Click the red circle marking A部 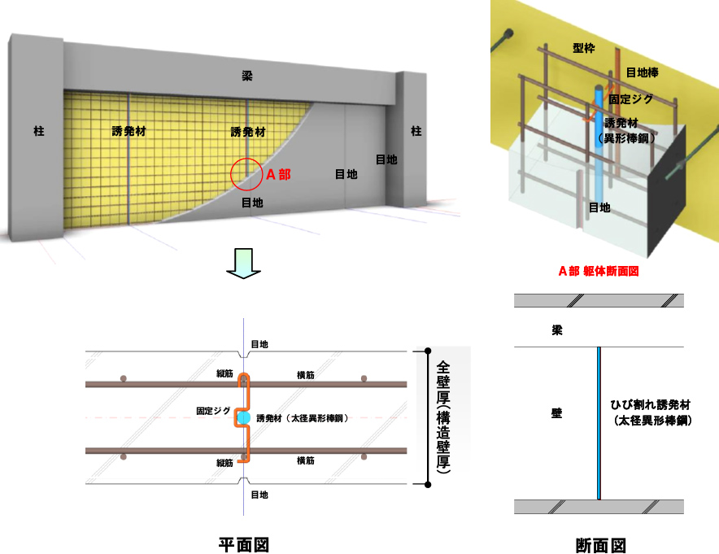(231, 174)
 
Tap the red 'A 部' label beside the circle (278, 175)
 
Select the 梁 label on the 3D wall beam (247, 76)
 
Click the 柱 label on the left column (39, 131)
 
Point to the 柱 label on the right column (416, 131)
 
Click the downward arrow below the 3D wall (243, 264)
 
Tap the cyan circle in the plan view (243, 418)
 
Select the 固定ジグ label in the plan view (213, 411)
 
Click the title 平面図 (243, 545)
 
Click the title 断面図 (601, 545)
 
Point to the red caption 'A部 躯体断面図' (599, 271)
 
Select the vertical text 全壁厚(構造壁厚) (443, 417)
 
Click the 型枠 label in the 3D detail (584, 48)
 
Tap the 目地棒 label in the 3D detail (643, 72)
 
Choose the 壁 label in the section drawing (556, 413)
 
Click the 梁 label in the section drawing (557, 330)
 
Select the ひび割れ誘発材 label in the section (650, 405)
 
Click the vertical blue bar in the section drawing (599, 423)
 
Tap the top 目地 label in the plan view (259, 344)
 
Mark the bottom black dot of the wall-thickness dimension (428, 484)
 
